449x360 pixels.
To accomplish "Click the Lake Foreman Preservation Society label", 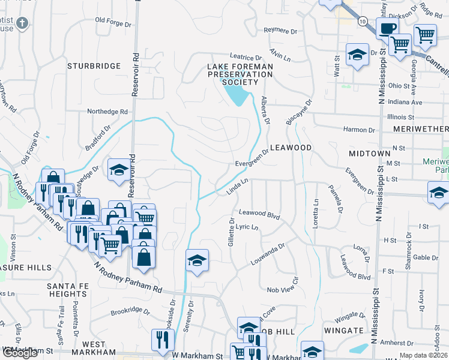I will click(x=240, y=74).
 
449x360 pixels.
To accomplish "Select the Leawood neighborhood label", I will click(x=291, y=148).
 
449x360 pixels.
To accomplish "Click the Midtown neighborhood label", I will click(x=370, y=154).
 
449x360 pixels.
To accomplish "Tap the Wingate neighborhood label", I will click(x=344, y=331).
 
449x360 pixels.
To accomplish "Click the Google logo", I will click(x=19, y=353).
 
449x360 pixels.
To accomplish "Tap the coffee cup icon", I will click(x=387, y=28).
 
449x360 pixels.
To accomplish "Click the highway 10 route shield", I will click(x=362, y=20).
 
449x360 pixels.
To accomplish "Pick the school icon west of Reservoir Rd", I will click(x=119, y=170).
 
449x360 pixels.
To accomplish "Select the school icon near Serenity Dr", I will click(x=196, y=260).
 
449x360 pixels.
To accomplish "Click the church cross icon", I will click(x=22, y=23).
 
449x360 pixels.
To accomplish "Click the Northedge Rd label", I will click(x=107, y=112).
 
